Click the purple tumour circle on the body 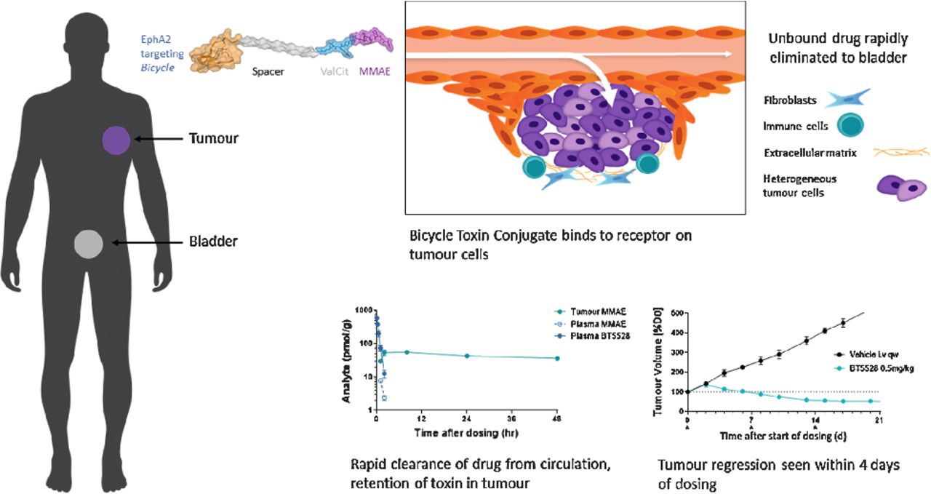pyautogui.click(x=116, y=139)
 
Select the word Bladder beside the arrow pyautogui.click(x=212, y=241)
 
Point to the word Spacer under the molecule pyautogui.click(x=269, y=73)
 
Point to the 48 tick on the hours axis pyautogui.click(x=557, y=421)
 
